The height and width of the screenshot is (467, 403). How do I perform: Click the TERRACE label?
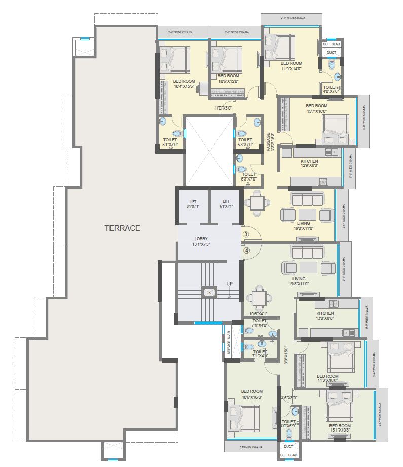click(122, 228)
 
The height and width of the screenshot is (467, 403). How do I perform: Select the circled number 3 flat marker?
click(246, 234)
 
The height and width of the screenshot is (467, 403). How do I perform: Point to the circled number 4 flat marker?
click(246, 250)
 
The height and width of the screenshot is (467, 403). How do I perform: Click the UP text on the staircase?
click(230, 284)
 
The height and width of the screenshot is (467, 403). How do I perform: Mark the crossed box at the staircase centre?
click(208, 292)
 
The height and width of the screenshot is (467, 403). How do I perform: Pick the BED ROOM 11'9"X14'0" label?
click(291, 66)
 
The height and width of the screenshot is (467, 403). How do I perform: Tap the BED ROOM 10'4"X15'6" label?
click(184, 84)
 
